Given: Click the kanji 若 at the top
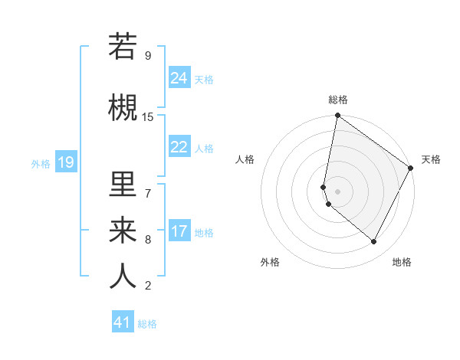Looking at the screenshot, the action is coord(123,47).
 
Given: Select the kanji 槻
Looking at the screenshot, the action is coord(123,108).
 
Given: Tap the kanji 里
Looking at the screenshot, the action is coord(123,185).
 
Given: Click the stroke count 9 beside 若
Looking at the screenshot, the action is coord(147,56).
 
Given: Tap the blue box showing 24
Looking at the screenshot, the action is coord(179,78).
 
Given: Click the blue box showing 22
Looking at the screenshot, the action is coord(179,147).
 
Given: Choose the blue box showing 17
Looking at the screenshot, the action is coord(179,231).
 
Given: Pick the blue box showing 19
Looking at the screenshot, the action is coord(66,162).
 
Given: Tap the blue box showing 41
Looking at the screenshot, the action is coord(123,322).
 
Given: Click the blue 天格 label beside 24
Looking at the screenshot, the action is coord(204,80).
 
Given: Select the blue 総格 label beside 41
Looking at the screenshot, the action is coord(147,324).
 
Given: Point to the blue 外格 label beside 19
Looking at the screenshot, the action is coord(40,163).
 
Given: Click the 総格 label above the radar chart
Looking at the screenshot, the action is coord(337,100).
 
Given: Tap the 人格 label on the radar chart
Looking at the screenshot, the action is coord(245,159).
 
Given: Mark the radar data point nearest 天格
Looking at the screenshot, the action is coord(412,169).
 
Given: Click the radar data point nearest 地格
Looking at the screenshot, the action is coord(374,242).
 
